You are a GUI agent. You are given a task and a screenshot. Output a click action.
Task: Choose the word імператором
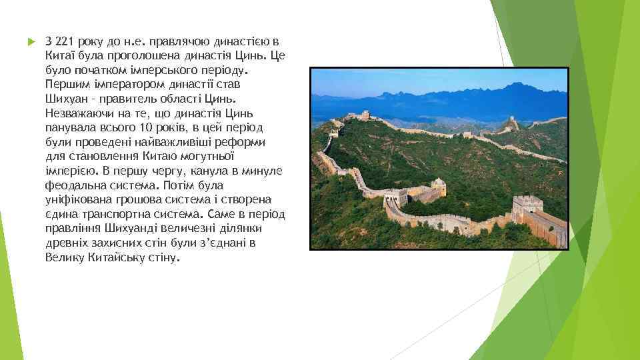pos(123,85)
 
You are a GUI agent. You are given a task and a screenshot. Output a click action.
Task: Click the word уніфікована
pos(76,200)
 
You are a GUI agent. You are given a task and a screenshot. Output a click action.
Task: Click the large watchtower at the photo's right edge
pos(528,207)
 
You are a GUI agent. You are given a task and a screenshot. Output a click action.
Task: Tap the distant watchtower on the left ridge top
pos(365,116)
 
